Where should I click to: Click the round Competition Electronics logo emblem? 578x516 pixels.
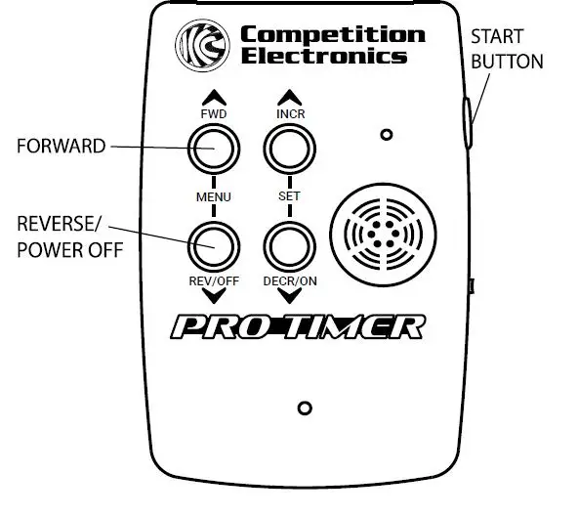tap(201, 45)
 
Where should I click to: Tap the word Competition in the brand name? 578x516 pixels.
tap(333, 35)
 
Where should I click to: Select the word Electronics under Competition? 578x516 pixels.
tap(324, 57)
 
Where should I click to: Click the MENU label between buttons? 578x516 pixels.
tap(214, 196)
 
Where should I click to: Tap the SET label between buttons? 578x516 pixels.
tap(288, 196)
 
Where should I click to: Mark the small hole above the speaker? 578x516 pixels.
tap(387, 133)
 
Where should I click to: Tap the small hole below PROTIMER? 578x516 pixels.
tap(305, 407)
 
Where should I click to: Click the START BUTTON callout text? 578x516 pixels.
tap(507, 49)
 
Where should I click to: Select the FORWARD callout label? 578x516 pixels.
tap(60, 147)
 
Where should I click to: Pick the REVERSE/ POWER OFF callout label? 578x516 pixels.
tap(69, 237)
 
